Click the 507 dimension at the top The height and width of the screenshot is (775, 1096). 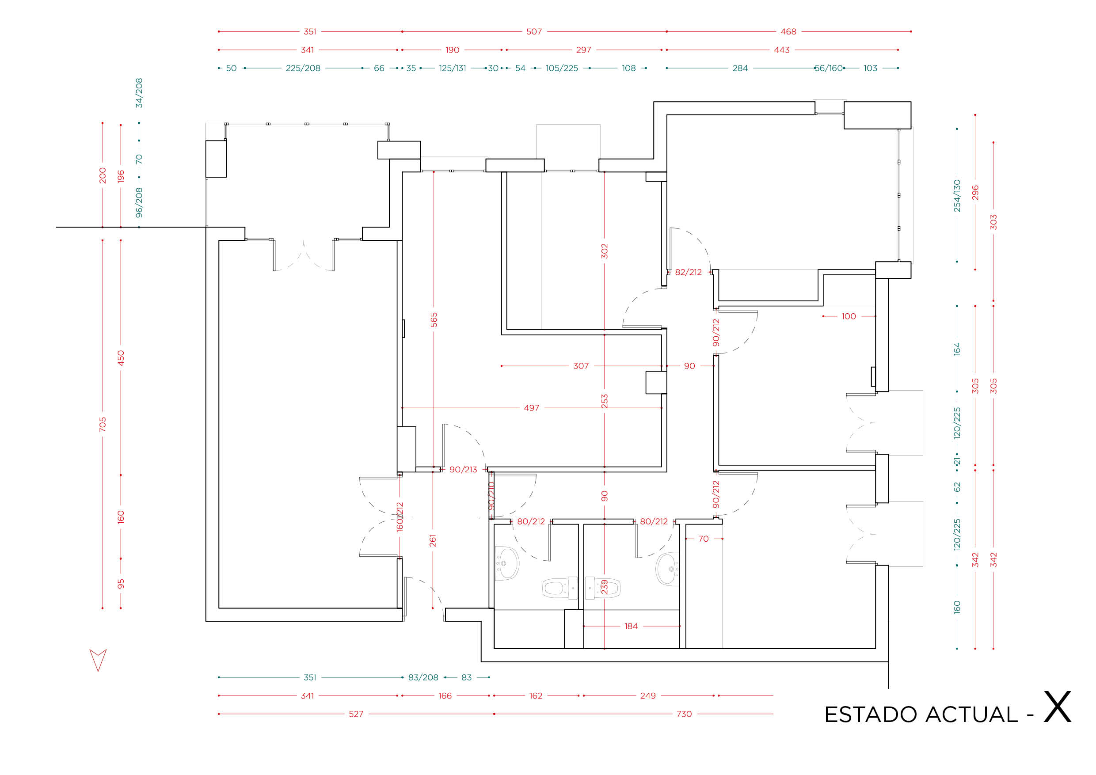coord(534,31)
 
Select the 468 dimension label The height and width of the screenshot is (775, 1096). coord(788,31)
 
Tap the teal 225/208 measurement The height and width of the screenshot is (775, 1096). coord(303,68)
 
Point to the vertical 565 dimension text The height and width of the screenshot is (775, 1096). coord(434,320)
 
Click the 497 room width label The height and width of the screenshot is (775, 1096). coord(531,408)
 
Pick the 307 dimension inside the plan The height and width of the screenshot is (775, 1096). coord(581,366)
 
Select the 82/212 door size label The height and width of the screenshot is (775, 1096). coord(689,272)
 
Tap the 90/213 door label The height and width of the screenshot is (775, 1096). coord(463,470)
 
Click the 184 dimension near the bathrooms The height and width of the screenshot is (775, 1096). coord(631,626)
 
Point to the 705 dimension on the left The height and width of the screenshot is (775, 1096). coord(103,424)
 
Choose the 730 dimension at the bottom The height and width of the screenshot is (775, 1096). coord(684,714)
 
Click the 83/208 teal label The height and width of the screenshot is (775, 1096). coord(423,677)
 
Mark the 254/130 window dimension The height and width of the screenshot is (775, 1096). coord(957,196)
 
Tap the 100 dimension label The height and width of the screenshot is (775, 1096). coord(849,316)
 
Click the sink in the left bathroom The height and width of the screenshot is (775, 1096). coord(506,563)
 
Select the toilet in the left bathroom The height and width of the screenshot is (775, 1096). coord(560,588)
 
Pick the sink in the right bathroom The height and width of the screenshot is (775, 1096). coord(667,569)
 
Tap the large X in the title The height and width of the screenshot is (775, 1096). coord(1058,707)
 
